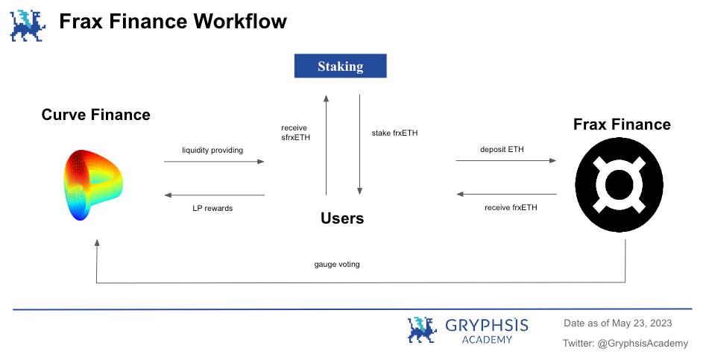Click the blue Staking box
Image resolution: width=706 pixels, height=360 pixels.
[x=341, y=66]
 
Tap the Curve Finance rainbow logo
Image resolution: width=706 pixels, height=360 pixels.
[x=93, y=185]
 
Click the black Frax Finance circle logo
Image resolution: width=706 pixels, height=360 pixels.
[x=619, y=185]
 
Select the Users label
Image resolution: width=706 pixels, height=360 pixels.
[x=342, y=218]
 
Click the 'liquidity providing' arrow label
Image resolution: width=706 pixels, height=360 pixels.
[x=212, y=150]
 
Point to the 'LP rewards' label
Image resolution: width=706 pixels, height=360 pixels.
[x=212, y=209]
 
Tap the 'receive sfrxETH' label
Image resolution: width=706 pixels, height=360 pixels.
[x=296, y=133]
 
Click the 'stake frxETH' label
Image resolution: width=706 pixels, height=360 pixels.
[x=395, y=133]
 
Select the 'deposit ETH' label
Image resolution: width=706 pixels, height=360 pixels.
[x=502, y=149]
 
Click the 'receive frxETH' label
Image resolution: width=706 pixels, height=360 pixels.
[x=511, y=207]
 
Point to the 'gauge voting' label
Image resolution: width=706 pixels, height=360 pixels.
[x=337, y=264]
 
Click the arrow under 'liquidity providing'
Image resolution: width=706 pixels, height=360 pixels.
[x=214, y=162]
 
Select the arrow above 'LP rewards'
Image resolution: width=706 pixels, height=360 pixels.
[x=214, y=195]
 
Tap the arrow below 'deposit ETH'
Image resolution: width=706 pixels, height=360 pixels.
[x=506, y=161]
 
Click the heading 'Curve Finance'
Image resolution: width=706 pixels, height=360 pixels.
[x=96, y=115]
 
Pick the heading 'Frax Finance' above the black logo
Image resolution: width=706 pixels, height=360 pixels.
[x=622, y=124]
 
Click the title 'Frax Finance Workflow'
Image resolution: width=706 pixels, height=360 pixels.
[x=173, y=21]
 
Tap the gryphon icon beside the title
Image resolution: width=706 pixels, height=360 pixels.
[x=28, y=25]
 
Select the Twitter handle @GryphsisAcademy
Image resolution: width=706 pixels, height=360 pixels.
[x=643, y=344]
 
